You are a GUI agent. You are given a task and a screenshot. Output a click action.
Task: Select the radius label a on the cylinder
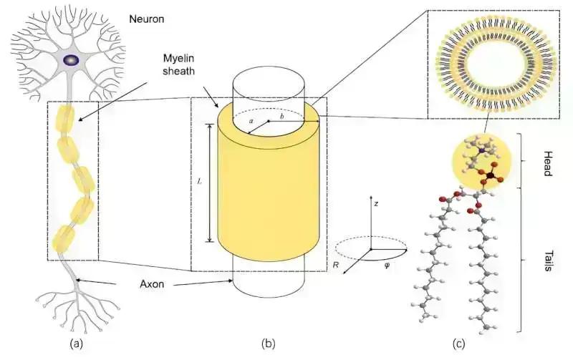(x=251, y=122)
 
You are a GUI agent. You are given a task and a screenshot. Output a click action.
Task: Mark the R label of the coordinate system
(x=337, y=266)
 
